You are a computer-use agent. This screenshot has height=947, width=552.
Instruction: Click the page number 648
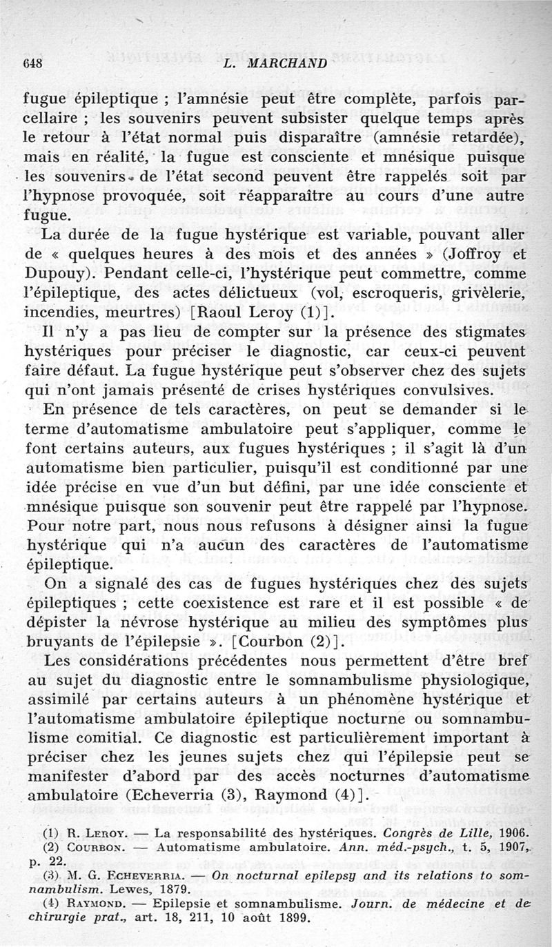(x=34, y=64)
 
